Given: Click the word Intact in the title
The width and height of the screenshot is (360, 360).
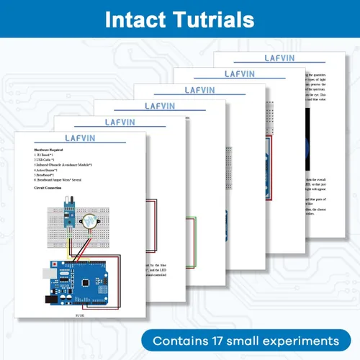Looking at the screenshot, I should point(136,19).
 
